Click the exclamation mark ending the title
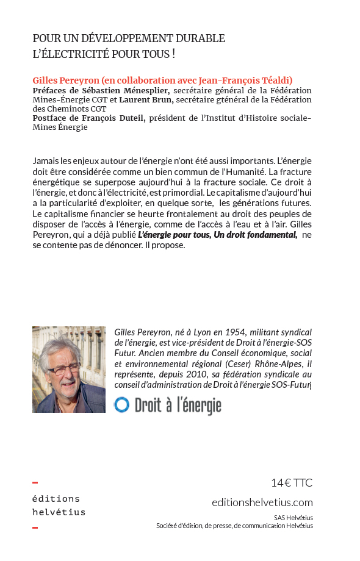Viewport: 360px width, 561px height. pyautogui.click(x=173, y=54)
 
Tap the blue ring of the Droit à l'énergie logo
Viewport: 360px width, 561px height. pyautogui.click(x=121, y=405)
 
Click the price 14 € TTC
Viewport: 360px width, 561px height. pyautogui.click(x=291, y=483)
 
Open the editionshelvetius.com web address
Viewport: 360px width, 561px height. pyautogui.click(x=262, y=502)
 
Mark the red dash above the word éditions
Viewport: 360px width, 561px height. pyautogui.click(x=35, y=482)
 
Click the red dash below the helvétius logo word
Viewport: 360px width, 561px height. pyautogui.click(x=35, y=527)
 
